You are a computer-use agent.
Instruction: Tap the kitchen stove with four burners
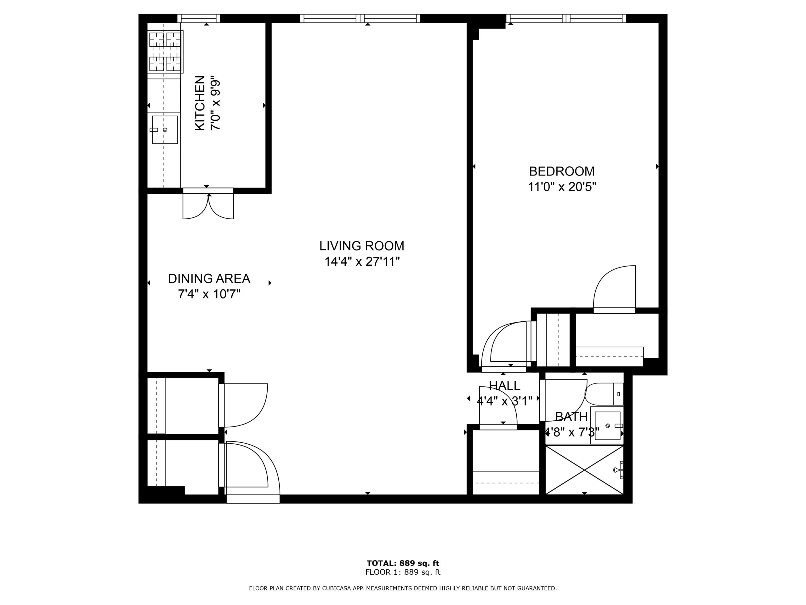(x=165, y=52)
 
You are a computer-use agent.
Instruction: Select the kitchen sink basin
(x=165, y=130)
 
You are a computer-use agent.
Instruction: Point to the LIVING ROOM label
(x=362, y=246)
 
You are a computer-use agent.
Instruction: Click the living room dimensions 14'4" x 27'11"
(x=362, y=262)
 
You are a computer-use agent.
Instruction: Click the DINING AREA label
(x=209, y=279)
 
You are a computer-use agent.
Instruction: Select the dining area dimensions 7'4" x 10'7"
(x=209, y=294)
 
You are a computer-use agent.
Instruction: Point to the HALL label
(x=505, y=385)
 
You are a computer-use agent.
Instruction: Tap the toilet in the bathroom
(x=604, y=394)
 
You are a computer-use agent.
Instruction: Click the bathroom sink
(x=607, y=426)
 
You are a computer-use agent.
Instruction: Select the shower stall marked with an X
(x=584, y=470)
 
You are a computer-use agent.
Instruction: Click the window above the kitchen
(x=199, y=18)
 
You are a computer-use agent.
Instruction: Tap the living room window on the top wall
(x=360, y=18)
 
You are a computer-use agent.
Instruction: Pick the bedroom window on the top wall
(x=566, y=18)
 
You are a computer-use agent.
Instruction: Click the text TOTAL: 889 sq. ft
(x=403, y=563)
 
